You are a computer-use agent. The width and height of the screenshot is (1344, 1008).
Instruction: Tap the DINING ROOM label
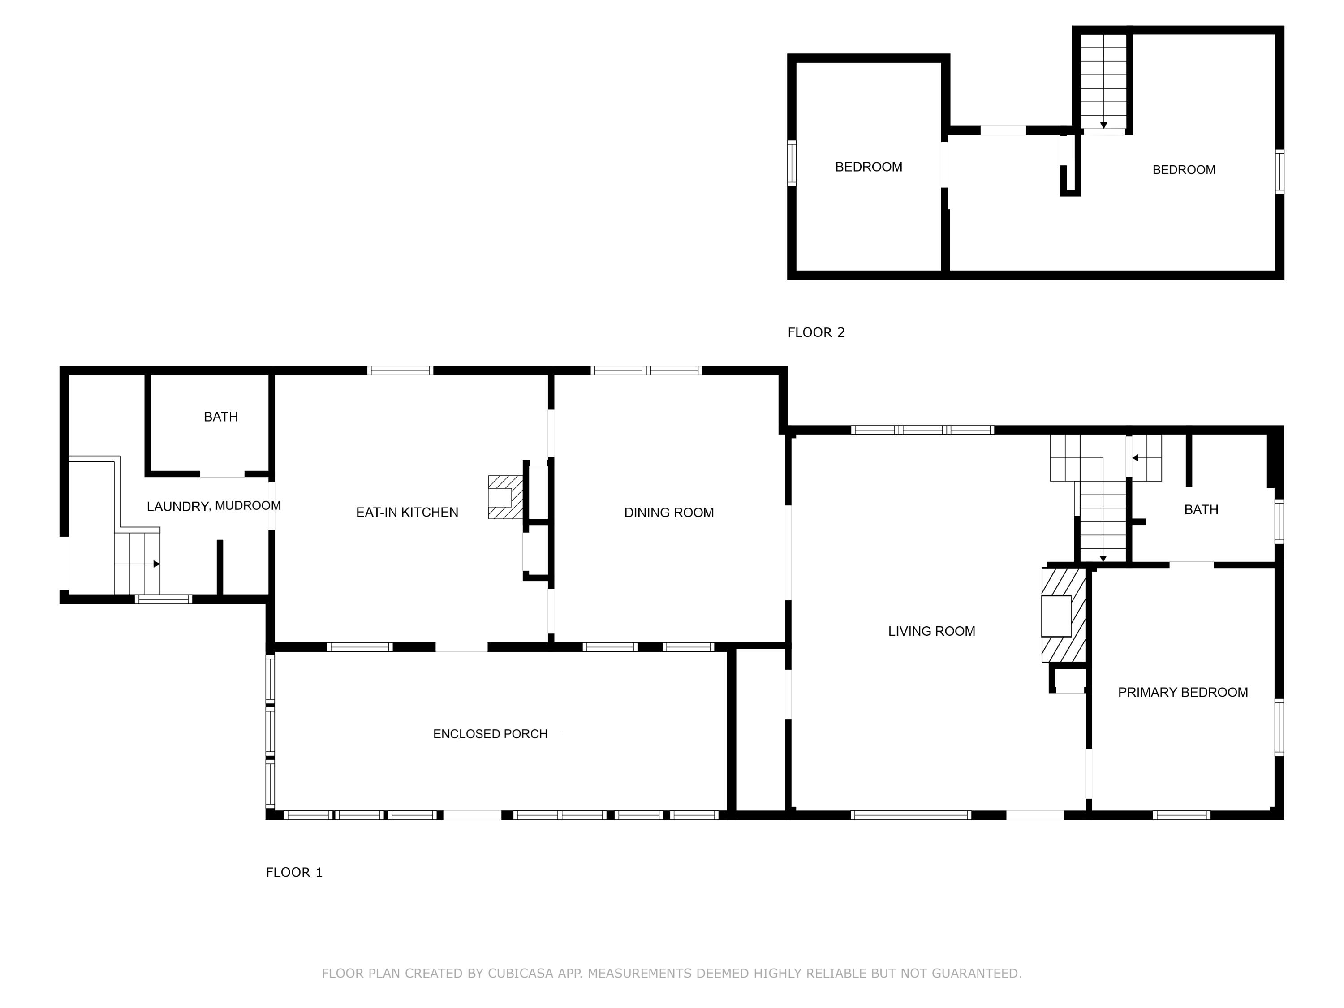coord(668,512)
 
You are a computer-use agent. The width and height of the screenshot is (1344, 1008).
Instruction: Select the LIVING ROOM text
coord(931,631)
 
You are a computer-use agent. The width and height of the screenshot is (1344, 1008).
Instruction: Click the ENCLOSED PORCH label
coord(490,733)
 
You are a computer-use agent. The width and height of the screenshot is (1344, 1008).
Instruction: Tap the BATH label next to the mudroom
coord(220,417)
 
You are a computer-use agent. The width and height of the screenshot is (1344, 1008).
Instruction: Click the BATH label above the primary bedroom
coord(1201,510)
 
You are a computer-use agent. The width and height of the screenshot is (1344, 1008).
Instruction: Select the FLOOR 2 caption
coord(815,332)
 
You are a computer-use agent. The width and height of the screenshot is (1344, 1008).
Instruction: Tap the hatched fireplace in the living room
coord(1063,614)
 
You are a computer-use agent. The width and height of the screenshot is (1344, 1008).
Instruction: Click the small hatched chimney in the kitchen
coord(504,497)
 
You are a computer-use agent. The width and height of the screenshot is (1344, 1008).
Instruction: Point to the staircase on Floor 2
coord(1103,82)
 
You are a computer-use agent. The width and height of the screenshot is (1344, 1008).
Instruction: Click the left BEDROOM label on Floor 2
coord(868,167)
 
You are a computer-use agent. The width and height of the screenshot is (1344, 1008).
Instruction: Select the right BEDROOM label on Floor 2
coord(1183,170)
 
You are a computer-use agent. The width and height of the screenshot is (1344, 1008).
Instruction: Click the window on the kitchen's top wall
coord(400,370)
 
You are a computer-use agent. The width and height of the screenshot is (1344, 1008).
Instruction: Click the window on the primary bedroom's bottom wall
coord(1181,815)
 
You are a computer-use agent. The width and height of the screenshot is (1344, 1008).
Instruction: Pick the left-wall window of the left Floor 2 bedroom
coord(791,162)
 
